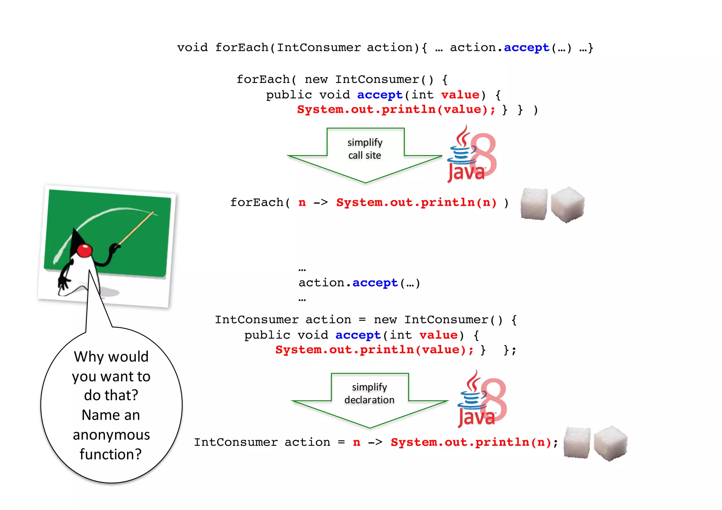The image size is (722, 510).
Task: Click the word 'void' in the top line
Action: click(x=192, y=48)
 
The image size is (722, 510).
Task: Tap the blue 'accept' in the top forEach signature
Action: click(x=526, y=48)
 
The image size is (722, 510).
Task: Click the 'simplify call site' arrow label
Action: click(x=365, y=149)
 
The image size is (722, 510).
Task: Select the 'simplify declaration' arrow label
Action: click(x=369, y=393)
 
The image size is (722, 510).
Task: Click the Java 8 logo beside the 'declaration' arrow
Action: click(x=482, y=400)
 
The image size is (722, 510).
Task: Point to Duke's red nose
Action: click(x=85, y=250)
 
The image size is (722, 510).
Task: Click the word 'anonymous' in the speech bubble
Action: click(x=111, y=435)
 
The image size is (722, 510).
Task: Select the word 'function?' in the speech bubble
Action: click(x=110, y=454)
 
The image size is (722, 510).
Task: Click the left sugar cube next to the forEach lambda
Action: click(x=534, y=204)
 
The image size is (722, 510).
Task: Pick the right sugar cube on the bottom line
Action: click(x=610, y=443)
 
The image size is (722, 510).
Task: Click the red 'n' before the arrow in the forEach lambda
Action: click(x=302, y=203)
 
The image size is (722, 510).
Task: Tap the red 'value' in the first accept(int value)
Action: click(x=460, y=95)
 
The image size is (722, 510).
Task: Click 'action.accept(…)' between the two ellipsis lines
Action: click(x=359, y=283)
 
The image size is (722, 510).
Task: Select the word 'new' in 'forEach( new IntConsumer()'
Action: click(x=316, y=79)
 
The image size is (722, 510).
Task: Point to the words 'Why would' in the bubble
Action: click(x=111, y=357)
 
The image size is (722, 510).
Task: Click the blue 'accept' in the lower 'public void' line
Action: click(x=358, y=335)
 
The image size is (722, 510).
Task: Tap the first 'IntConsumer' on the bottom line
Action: click(x=235, y=442)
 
